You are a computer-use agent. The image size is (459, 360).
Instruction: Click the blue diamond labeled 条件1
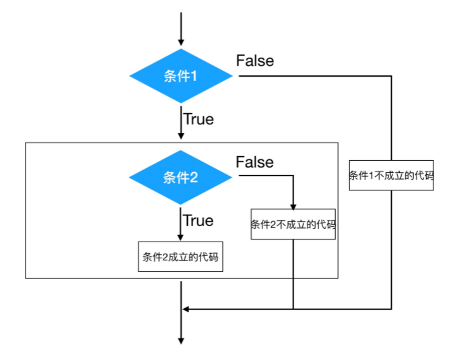pyautogui.click(x=181, y=76)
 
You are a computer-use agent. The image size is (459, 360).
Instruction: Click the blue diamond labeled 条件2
pyautogui.click(x=180, y=177)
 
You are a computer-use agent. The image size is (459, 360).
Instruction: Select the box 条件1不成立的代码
pyautogui.click(x=391, y=176)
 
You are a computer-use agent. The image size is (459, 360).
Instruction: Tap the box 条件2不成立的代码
pyautogui.click(x=293, y=225)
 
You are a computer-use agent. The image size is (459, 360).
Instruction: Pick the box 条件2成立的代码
pyautogui.click(x=180, y=256)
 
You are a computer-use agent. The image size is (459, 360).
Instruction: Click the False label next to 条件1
pyautogui.click(x=255, y=61)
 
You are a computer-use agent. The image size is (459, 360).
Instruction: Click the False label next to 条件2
pyautogui.click(x=255, y=162)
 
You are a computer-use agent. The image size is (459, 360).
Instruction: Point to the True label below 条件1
pyautogui.click(x=199, y=119)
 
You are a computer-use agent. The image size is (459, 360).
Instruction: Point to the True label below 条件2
pyautogui.click(x=199, y=221)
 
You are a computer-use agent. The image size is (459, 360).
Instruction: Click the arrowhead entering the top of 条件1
pyautogui.click(x=181, y=43)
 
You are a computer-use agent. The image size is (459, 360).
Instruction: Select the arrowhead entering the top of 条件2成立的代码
pyautogui.click(x=181, y=237)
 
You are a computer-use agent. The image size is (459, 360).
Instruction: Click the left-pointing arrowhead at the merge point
pyautogui.click(x=186, y=309)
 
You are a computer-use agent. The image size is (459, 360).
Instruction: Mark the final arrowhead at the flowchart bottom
pyautogui.click(x=181, y=340)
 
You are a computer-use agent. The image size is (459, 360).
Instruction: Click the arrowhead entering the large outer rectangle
pyautogui.click(x=181, y=137)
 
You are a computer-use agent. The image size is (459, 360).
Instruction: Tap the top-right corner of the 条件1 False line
pyautogui.click(x=391, y=76)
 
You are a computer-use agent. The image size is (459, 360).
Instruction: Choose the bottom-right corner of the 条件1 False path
pyautogui.click(x=391, y=309)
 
